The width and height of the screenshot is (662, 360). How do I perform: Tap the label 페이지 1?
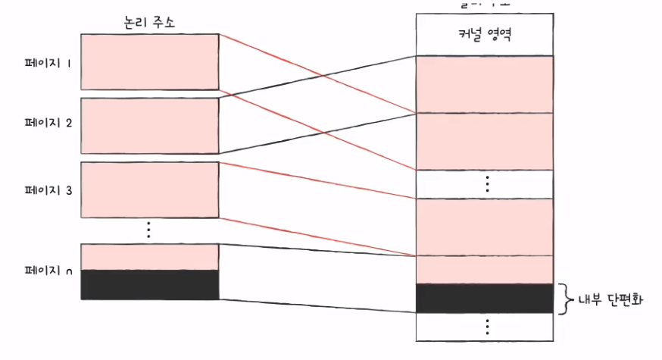48,64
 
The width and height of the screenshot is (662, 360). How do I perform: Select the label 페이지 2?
48,123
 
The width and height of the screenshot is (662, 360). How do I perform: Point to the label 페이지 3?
48,190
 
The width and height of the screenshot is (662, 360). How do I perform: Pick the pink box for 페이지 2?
149,126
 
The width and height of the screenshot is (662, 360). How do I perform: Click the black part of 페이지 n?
149,284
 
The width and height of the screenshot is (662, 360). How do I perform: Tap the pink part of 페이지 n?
149,256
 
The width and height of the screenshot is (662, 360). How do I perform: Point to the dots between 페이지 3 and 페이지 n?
149,230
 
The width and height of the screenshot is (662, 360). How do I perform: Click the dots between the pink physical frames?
486,183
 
